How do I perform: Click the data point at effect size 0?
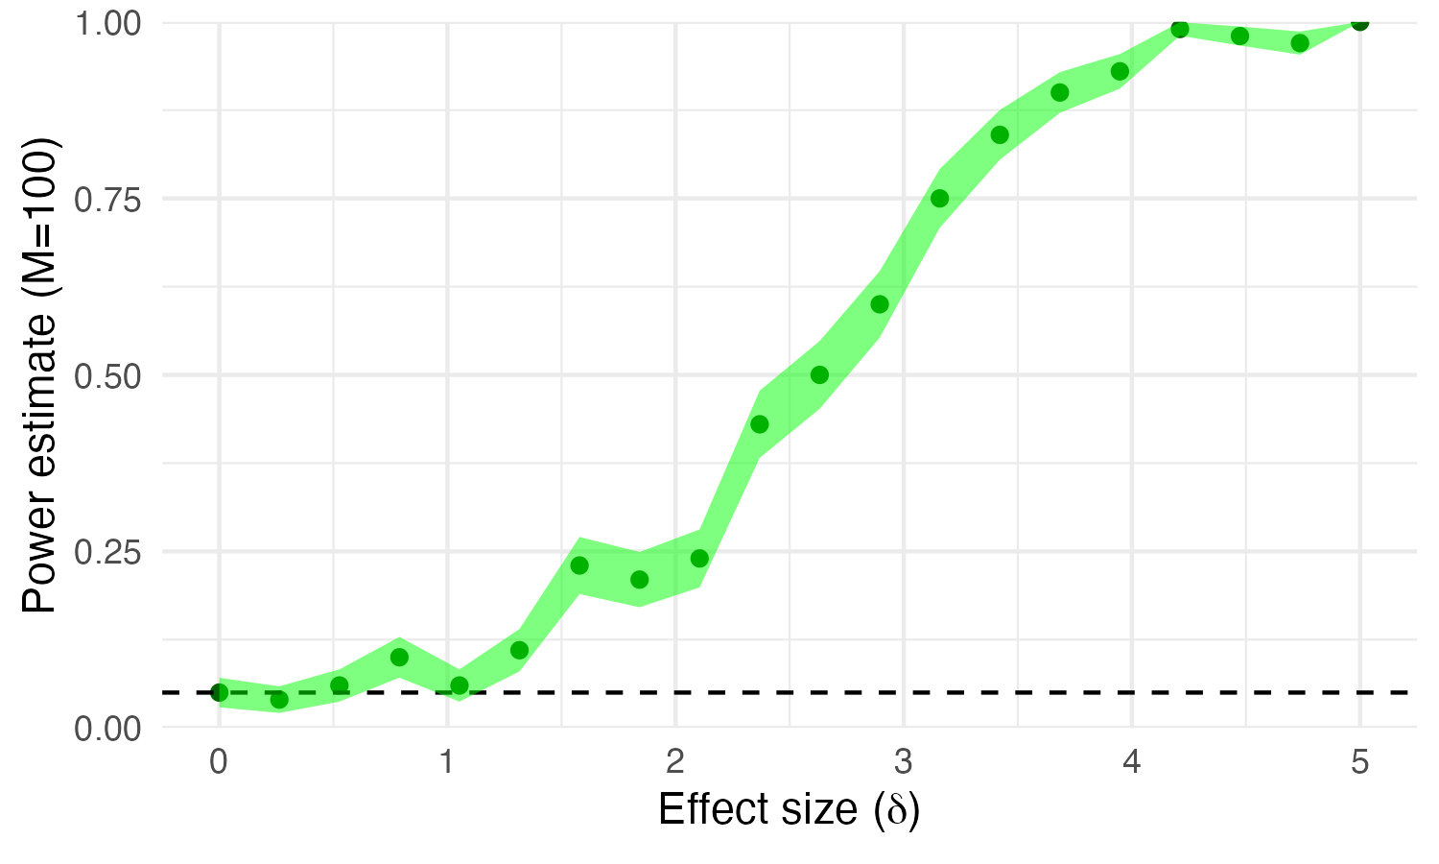(219, 692)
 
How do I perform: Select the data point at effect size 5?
(1359, 22)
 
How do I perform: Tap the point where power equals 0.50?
(819, 374)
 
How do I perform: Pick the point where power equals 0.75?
(939, 199)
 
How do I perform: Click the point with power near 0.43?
(759, 424)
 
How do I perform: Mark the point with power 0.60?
(880, 304)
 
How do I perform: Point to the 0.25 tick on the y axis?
(108, 552)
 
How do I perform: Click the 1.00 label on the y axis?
(108, 23)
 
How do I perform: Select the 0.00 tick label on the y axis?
(108, 728)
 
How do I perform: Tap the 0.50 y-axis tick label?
(108, 375)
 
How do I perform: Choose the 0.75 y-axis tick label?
(108, 200)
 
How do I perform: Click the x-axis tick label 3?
(904, 763)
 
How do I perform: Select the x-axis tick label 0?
(219, 763)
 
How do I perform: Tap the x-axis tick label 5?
(1359, 763)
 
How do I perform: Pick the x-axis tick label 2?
(675, 763)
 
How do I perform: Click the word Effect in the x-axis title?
(708, 809)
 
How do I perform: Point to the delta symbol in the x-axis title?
(896, 811)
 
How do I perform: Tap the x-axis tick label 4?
(1132, 763)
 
